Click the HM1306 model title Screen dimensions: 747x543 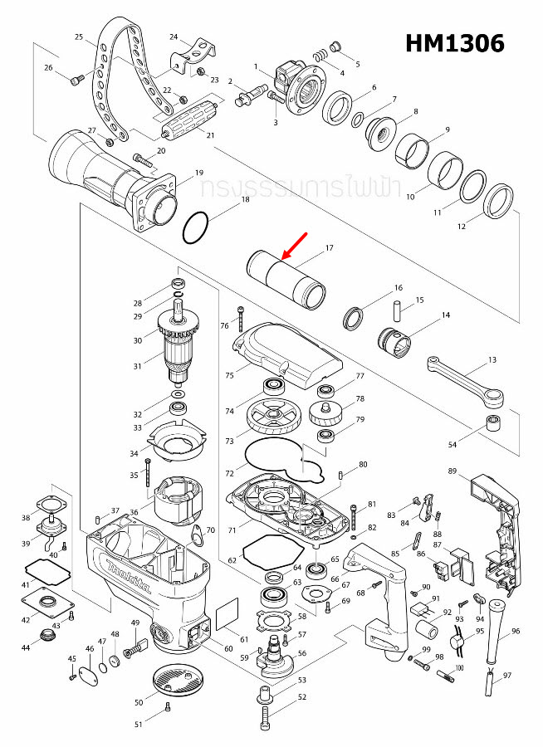coord(455,43)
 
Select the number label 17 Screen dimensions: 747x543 coord(330,248)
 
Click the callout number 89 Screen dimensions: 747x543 coord(452,471)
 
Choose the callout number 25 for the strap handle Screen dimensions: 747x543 coord(80,37)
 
